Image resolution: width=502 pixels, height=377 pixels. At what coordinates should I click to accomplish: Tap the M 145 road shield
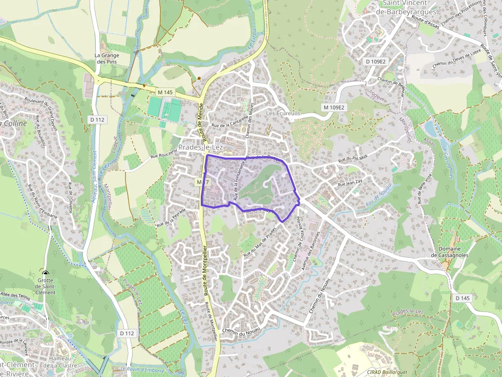click(x=165, y=92)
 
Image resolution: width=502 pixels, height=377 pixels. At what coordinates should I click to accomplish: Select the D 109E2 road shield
click(x=375, y=61)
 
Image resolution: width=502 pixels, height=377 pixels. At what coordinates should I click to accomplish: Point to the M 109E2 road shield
click(x=334, y=107)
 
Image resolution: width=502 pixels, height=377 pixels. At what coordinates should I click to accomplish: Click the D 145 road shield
click(x=462, y=298)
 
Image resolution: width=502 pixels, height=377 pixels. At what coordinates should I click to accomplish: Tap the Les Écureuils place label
click(x=283, y=113)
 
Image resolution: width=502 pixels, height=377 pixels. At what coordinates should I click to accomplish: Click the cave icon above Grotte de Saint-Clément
click(x=46, y=274)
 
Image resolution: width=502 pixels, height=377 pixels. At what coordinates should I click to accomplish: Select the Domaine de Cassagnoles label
click(x=449, y=251)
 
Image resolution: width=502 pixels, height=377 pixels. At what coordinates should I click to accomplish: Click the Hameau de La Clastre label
click(x=59, y=362)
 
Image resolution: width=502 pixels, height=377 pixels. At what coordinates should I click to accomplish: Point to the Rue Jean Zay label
click(x=350, y=182)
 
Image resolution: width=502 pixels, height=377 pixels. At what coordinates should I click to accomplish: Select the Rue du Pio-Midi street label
click(x=353, y=161)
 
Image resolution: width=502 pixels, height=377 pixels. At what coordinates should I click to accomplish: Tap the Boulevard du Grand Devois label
click(x=39, y=108)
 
